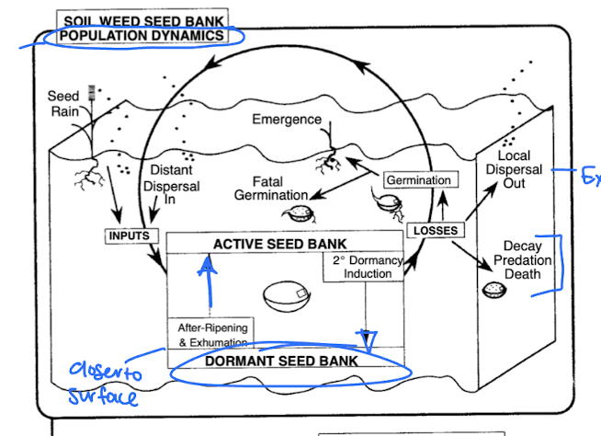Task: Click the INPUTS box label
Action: pyautogui.click(x=129, y=235)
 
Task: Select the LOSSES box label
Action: pyautogui.click(x=434, y=229)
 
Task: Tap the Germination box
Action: pyautogui.click(x=418, y=180)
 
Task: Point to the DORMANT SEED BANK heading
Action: pyautogui.click(x=280, y=361)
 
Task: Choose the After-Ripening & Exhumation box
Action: pyautogui.click(x=212, y=334)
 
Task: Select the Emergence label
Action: pyautogui.click(x=287, y=120)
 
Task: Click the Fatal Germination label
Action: pyautogui.click(x=270, y=188)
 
